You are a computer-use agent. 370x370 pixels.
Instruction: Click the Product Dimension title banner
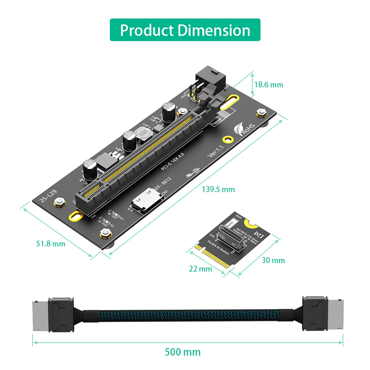tap(185, 30)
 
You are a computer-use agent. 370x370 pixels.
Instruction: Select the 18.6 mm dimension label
tap(268, 85)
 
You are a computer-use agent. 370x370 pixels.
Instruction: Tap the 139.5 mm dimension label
tap(218, 189)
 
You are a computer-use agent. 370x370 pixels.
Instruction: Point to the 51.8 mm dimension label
tap(51, 244)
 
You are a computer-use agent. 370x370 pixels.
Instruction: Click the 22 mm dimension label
tap(200, 269)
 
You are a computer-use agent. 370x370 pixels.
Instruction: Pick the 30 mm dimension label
tap(273, 260)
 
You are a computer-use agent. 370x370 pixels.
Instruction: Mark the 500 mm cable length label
tap(182, 352)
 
